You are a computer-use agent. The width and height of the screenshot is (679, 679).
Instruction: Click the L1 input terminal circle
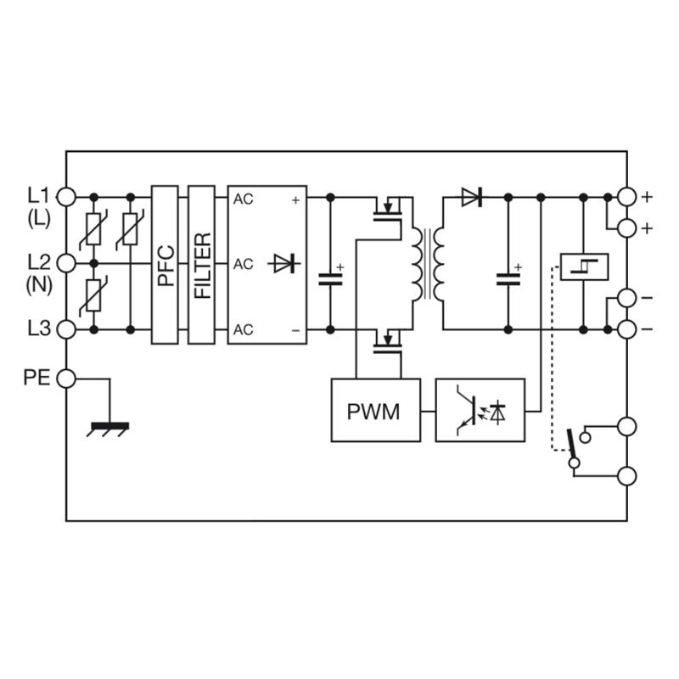click(66, 197)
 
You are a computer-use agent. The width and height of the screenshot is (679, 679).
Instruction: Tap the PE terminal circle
click(66, 379)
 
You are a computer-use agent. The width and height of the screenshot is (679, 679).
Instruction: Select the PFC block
click(165, 265)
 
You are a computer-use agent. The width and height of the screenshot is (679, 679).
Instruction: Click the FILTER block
click(201, 265)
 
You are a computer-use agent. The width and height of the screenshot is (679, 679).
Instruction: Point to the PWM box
click(376, 411)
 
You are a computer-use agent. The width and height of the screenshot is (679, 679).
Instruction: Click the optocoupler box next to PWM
click(480, 411)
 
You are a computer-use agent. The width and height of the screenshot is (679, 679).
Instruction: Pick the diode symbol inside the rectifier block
click(283, 263)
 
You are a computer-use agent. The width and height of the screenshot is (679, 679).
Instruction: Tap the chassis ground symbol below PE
click(109, 429)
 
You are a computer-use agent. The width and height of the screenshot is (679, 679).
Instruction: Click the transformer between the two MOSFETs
click(428, 264)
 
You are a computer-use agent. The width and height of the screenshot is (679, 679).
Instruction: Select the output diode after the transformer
click(472, 198)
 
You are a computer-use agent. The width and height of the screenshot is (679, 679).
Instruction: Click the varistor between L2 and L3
click(93, 295)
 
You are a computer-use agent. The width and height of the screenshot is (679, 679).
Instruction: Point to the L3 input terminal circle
click(66, 329)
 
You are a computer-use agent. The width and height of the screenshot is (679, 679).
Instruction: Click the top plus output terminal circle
click(626, 197)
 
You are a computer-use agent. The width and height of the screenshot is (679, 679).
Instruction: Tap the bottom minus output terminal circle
click(626, 329)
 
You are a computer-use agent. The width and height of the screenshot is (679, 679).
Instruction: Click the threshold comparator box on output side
click(584, 267)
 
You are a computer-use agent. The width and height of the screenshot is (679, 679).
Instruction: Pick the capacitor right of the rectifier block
click(330, 279)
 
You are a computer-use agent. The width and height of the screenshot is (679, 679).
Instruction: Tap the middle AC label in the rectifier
click(243, 264)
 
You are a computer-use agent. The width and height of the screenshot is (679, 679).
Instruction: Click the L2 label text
click(39, 262)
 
